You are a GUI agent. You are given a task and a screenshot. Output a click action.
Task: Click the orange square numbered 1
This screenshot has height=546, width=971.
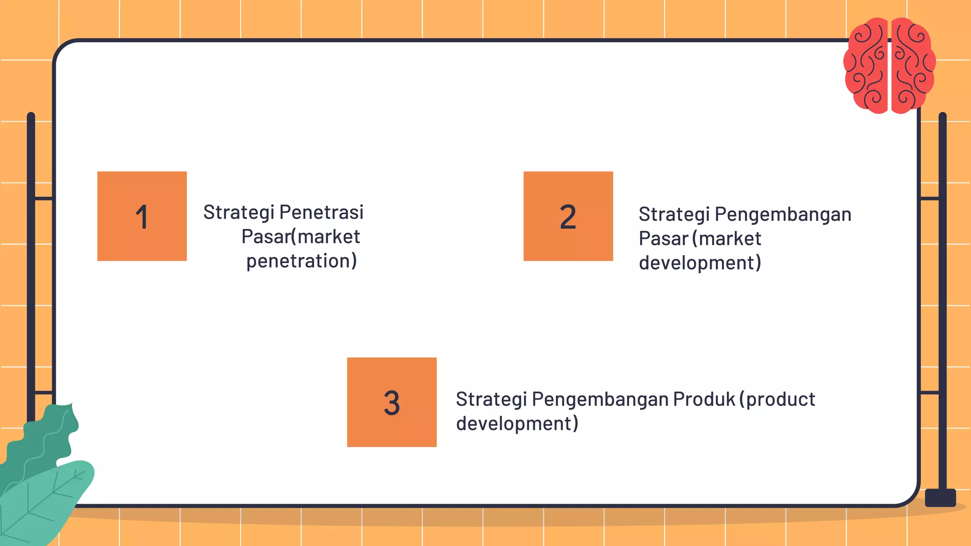pyautogui.click(x=142, y=216)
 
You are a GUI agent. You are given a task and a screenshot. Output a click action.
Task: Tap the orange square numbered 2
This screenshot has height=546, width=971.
pyautogui.click(x=568, y=216)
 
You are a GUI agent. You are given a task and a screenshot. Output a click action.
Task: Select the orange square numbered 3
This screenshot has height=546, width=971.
pyautogui.click(x=392, y=402)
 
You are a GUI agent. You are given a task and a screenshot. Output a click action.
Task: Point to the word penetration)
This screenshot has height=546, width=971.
pyautogui.click(x=302, y=261)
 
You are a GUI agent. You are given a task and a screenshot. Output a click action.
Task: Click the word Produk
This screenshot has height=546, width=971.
pyautogui.click(x=704, y=399)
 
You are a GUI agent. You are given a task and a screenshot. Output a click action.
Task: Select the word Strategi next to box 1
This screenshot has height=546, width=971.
pyautogui.click(x=238, y=212)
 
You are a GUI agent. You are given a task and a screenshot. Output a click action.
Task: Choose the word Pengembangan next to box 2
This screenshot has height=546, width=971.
pyautogui.click(x=783, y=214)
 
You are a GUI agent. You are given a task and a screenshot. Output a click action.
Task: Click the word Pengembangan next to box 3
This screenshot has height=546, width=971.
pyautogui.click(x=600, y=399)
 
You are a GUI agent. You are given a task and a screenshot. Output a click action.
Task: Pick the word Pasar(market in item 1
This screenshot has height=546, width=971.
pyautogui.click(x=301, y=237)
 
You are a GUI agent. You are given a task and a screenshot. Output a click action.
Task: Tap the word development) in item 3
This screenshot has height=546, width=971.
pyautogui.click(x=517, y=424)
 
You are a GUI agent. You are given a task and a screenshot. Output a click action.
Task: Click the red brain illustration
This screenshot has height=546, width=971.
pyautogui.click(x=889, y=65)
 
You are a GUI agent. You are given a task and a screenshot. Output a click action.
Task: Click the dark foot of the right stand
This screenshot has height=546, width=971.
pyautogui.click(x=940, y=498)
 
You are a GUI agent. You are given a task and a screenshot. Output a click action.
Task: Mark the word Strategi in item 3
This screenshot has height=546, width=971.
pyautogui.click(x=491, y=399)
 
